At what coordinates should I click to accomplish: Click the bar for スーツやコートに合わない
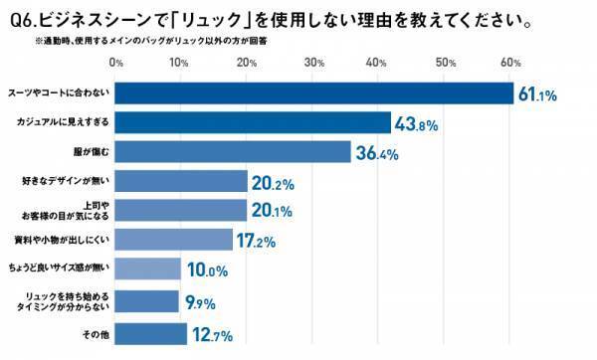314,92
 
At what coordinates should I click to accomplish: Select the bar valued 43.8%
253,122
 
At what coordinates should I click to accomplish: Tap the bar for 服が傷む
234,152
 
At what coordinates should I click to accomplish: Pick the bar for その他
151,332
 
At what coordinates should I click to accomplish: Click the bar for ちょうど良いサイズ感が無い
148,270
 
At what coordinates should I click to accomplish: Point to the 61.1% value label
539,94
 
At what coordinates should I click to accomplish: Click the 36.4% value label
377,154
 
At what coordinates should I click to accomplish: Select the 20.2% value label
273,183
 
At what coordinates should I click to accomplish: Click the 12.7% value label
212,333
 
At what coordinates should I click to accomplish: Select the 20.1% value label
273,213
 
